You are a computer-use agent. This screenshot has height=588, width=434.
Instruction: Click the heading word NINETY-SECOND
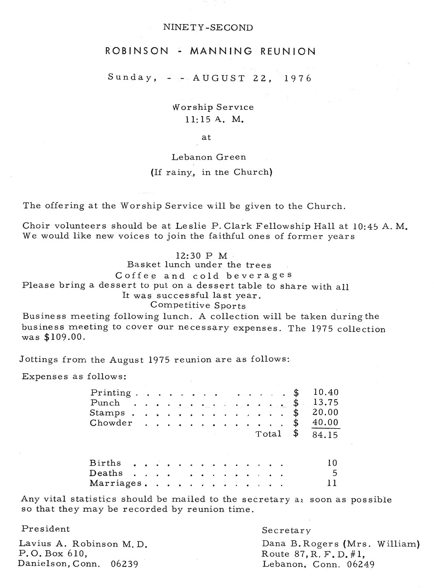(208, 27)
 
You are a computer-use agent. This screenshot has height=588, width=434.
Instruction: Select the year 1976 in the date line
(298, 78)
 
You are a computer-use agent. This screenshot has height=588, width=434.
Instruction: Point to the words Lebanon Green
(208, 157)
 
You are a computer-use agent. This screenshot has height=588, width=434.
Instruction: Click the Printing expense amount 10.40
(325, 392)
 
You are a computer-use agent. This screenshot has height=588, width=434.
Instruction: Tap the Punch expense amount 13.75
(325, 402)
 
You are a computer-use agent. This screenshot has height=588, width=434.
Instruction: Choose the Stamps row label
(107, 412)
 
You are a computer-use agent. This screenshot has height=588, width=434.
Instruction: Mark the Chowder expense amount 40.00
(325, 422)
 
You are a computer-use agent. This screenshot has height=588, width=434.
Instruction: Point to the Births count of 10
(332, 463)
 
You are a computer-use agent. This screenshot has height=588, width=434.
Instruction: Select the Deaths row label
(106, 473)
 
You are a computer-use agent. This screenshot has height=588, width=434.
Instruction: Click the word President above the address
(45, 529)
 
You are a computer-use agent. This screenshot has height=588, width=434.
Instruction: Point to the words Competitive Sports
(198, 305)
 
